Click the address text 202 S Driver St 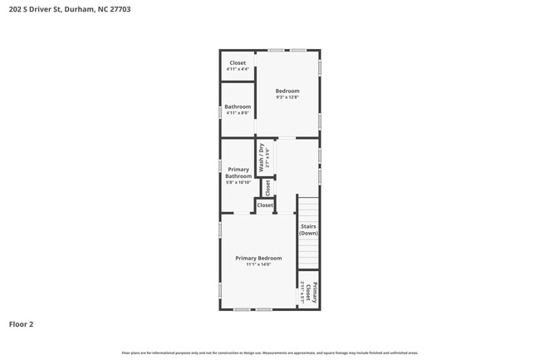click(34, 10)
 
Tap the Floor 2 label click(22, 324)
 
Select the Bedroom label click(287, 91)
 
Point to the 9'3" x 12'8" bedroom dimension click(287, 97)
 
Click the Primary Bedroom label click(258, 258)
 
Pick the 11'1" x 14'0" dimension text click(258, 264)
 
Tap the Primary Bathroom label click(238, 173)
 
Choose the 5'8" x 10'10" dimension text click(238, 182)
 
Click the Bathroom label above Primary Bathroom click(238, 106)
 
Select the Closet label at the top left click(238, 63)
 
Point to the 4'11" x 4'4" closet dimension click(238, 69)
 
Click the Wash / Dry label click(261, 157)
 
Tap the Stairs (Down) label click(308, 229)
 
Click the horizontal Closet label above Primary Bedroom click(265, 205)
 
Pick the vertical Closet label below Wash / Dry click(268, 188)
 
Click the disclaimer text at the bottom click(270, 353)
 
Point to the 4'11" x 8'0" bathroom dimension click(238, 113)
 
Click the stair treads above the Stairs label click(308, 210)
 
